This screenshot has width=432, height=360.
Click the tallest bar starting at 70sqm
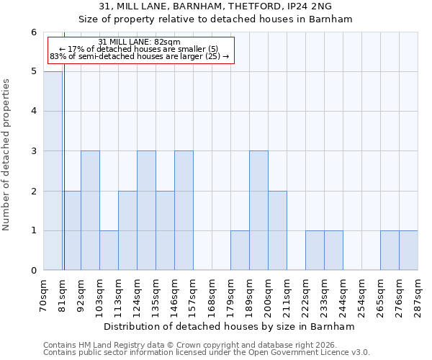click(x=53, y=171)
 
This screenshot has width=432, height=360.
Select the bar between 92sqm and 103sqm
click(x=90, y=210)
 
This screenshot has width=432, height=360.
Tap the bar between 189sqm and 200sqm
click(x=258, y=210)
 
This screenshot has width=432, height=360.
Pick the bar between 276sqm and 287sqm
click(x=408, y=251)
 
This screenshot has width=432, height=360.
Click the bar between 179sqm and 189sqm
click(x=240, y=251)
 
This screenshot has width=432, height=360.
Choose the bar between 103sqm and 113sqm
click(x=109, y=251)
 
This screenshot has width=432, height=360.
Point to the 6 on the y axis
click(x=33, y=32)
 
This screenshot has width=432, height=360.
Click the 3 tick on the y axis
click(x=33, y=151)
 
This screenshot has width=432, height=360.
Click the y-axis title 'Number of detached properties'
click(x=7, y=151)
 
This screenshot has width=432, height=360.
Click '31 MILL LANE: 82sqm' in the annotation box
click(x=140, y=42)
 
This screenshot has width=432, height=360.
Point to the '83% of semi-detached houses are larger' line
click(x=140, y=56)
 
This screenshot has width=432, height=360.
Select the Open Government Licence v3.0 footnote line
click(x=207, y=353)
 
